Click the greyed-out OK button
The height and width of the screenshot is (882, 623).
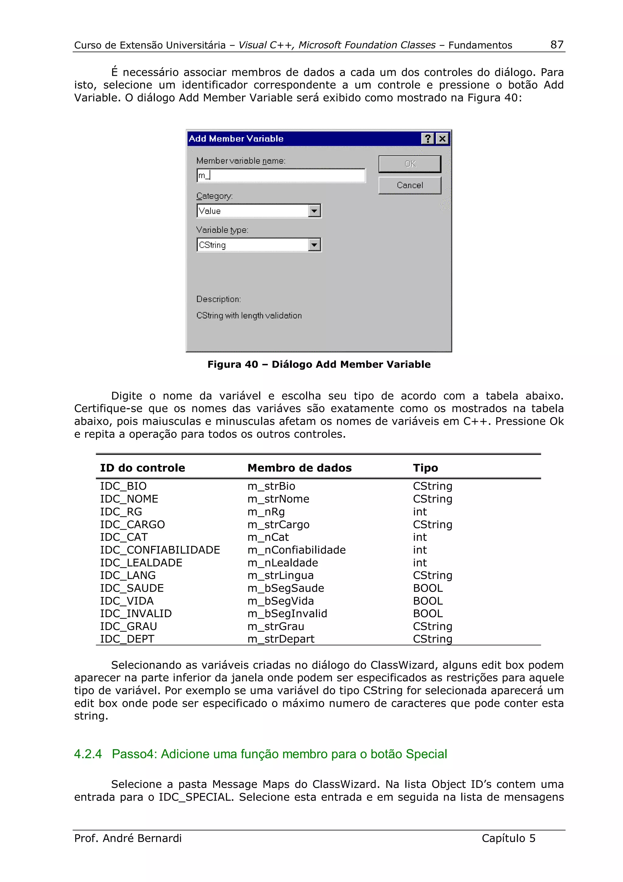click(409, 164)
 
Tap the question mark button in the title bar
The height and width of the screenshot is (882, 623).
click(427, 139)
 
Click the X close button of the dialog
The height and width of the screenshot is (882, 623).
click(442, 139)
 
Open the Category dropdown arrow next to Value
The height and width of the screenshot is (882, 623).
click(314, 211)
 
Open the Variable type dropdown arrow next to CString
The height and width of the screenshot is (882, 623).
click(314, 245)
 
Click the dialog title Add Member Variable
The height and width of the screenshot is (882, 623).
click(236, 139)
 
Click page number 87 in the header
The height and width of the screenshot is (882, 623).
click(557, 44)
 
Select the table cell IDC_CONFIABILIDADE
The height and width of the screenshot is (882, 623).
click(160, 550)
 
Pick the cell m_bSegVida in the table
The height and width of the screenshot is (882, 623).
click(280, 601)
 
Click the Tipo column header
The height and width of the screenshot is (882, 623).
click(425, 468)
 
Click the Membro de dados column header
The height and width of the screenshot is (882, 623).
click(299, 468)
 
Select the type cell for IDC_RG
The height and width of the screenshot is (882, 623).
click(419, 512)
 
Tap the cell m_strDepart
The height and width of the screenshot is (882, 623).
click(280, 639)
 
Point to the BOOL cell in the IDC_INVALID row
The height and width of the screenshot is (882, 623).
click(428, 614)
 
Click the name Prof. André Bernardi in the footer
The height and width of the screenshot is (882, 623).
click(128, 838)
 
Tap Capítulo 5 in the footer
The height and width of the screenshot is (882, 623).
click(508, 838)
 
